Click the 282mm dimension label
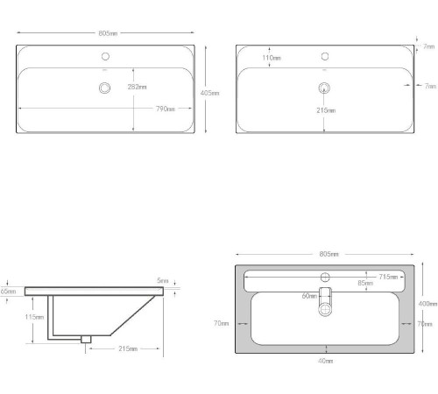(x=138, y=87)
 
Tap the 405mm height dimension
(x=210, y=92)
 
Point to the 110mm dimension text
(x=272, y=58)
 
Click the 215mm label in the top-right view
(x=326, y=109)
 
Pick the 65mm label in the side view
(x=8, y=291)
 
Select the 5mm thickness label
(x=163, y=281)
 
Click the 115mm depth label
(x=34, y=317)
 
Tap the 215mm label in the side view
(x=127, y=349)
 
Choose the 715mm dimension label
(x=389, y=277)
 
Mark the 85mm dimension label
(x=364, y=283)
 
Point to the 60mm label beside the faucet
(x=309, y=296)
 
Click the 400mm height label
(x=427, y=303)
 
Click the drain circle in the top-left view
(x=105, y=87)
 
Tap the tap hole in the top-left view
(x=105, y=54)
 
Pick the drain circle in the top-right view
(x=324, y=87)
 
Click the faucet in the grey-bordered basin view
(x=325, y=299)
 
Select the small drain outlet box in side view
(x=86, y=338)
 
